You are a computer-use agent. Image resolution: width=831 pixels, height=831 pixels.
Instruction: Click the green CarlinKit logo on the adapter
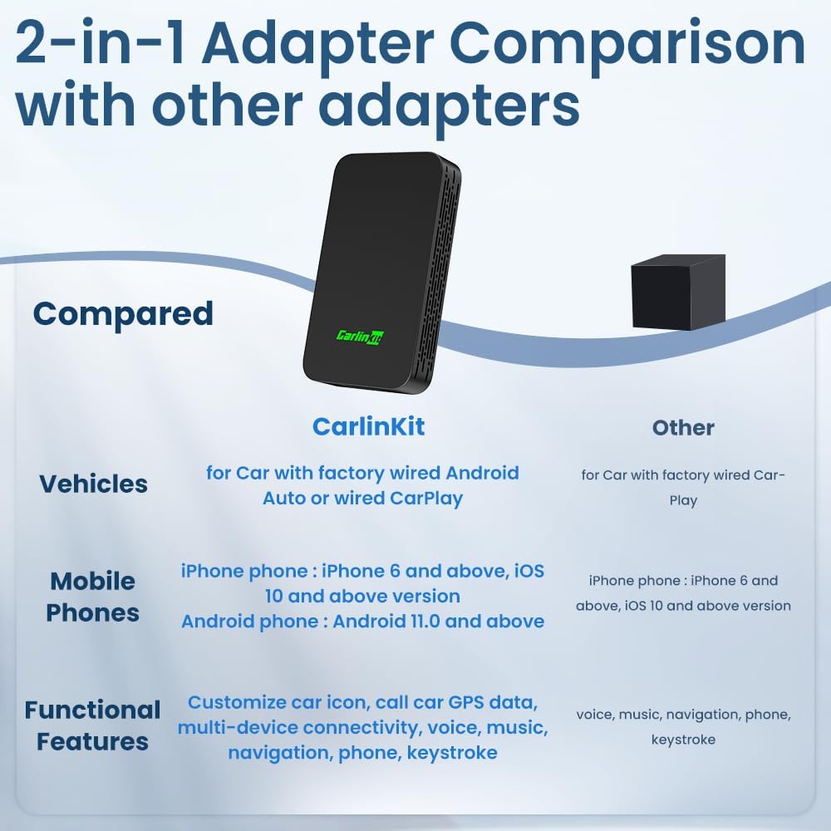tap(361, 336)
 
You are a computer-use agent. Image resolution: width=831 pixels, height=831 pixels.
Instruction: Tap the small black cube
tap(678, 292)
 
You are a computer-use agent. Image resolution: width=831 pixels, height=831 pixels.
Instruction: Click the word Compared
tap(123, 314)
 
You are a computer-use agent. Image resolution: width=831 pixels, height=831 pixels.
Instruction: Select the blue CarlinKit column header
tap(368, 426)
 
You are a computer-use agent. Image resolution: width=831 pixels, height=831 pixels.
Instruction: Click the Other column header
tap(683, 428)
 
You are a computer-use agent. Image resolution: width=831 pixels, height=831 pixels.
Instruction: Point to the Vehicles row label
tap(93, 484)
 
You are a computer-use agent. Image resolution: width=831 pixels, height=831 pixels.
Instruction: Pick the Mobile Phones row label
tap(93, 597)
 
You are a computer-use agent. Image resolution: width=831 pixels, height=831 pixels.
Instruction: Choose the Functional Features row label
tap(93, 725)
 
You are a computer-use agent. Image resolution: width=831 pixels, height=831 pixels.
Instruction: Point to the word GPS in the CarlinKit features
tap(466, 702)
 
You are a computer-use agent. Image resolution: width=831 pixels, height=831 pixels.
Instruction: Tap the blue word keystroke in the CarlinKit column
tap(452, 753)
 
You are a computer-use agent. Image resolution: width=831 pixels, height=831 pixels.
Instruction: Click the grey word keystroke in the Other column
tap(683, 740)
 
